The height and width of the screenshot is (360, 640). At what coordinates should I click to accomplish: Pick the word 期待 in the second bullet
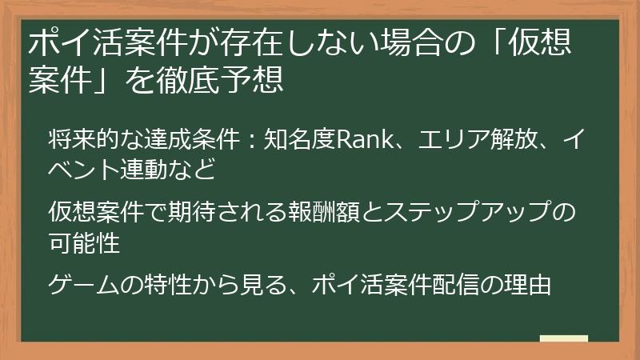(215, 212)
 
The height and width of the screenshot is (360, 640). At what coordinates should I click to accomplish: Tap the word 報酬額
(351, 212)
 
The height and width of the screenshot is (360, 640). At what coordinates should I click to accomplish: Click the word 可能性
(84, 242)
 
